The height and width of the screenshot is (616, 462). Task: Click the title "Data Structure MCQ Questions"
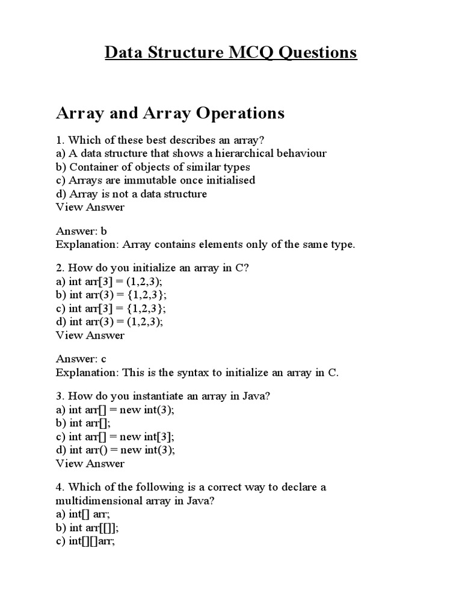point(231,53)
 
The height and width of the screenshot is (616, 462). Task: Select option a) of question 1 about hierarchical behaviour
point(191,153)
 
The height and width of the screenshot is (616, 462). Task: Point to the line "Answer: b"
point(81,231)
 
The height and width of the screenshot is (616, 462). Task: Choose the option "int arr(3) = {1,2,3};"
point(111,295)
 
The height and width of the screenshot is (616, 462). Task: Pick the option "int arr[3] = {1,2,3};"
point(111,308)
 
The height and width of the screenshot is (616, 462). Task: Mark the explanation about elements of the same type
point(205,244)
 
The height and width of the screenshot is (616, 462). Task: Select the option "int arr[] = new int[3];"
point(119,437)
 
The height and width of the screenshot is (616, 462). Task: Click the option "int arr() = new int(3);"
point(117,450)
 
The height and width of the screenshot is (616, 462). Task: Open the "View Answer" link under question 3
point(90,463)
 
